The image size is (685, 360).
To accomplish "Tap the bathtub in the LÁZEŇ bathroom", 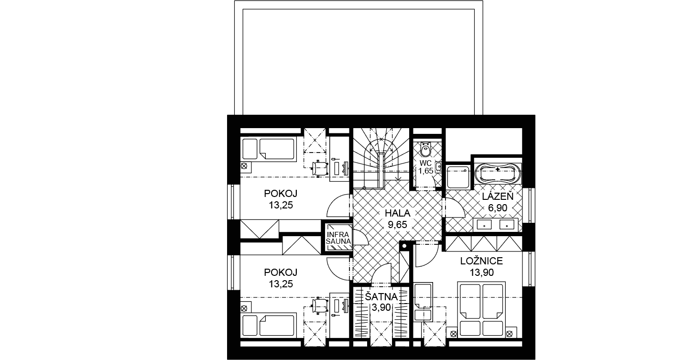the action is (498, 174).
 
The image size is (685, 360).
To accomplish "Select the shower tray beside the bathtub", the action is (458, 177).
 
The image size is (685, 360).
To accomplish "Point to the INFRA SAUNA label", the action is (338, 238).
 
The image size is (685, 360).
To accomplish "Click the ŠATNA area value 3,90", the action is (381, 307).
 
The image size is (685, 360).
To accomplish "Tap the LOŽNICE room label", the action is (482, 261).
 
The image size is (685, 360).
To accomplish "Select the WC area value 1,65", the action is (426, 171).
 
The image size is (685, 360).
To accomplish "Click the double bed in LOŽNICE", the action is (481, 309).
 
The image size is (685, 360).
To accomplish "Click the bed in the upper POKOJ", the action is (269, 149).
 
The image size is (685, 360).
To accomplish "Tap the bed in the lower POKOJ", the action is (269, 325).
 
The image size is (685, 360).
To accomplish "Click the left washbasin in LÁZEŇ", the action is (484, 225).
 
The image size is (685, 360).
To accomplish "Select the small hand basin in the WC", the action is (438, 167).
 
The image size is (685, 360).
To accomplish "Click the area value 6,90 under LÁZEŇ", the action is (498, 208).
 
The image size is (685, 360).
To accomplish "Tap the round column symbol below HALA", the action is (404, 246).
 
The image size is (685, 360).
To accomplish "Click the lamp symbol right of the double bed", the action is (509, 334).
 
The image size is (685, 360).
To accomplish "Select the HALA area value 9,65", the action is (398, 225).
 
